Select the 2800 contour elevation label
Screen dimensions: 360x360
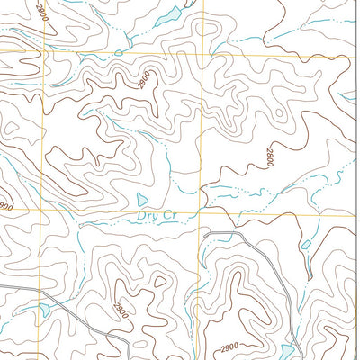(x=268, y=158)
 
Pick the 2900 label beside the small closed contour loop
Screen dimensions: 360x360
(x=119, y=310)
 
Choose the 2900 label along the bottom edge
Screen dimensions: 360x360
(x=230, y=346)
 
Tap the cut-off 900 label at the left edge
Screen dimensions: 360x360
(x=5, y=207)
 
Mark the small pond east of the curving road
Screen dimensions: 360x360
(x=306, y=244)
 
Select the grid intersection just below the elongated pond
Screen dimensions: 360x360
(x=202, y=52)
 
